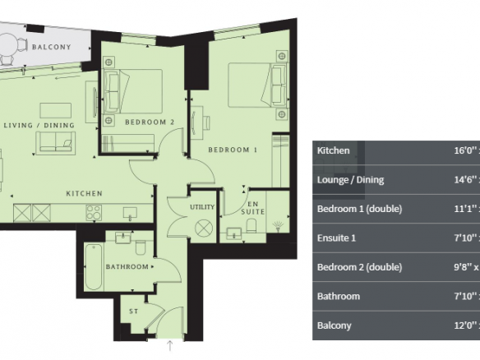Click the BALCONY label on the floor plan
pyautogui.click(x=52, y=47)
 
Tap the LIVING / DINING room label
pyautogui.click(x=39, y=125)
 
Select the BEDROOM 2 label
pyautogui.click(x=150, y=122)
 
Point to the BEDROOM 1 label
pyautogui.click(x=233, y=150)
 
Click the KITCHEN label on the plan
pyautogui.click(x=84, y=193)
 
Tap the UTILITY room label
pyautogui.click(x=202, y=207)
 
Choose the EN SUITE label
pyautogui.click(x=253, y=208)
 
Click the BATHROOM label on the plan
pyautogui.click(x=127, y=266)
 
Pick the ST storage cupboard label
pyautogui.click(x=134, y=312)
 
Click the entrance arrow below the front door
pyautogui.click(x=170, y=345)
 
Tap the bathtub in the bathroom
pyautogui.click(x=94, y=267)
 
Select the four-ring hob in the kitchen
pyautogui.click(x=94, y=212)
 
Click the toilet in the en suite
pyautogui.click(x=252, y=225)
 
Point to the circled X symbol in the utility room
pyautogui.click(x=204, y=228)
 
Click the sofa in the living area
pyautogui.click(x=55, y=143)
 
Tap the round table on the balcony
pyautogui.click(x=7, y=44)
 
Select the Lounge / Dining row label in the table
pyautogui.click(x=350, y=180)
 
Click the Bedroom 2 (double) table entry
pyautogui.click(x=359, y=267)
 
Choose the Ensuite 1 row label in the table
pyautogui.click(x=336, y=238)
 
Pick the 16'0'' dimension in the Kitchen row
pyautogui.click(x=464, y=150)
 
